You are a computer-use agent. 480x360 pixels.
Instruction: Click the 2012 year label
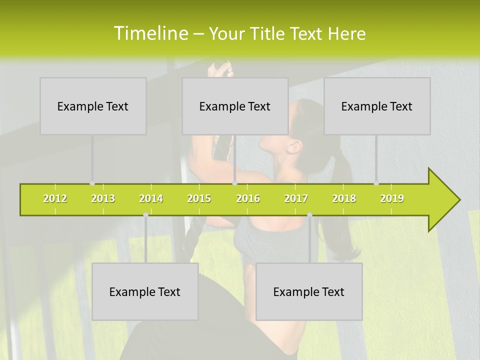tap(55, 198)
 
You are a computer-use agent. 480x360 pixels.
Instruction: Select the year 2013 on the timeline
tap(103, 198)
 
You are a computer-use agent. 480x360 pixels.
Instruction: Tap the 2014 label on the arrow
tap(151, 198)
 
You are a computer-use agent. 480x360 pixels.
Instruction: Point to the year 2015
tap(199, 198)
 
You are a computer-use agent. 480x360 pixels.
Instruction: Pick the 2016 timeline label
tap(248, 198)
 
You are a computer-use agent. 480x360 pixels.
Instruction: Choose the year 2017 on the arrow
tap(296, 198)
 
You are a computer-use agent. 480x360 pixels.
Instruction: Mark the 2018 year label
tap(344, 198)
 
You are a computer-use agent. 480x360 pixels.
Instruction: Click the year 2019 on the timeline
tap(392, 198)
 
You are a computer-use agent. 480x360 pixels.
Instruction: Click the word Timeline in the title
tap(150, 33)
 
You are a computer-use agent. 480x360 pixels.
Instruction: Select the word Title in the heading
tap(268, 34)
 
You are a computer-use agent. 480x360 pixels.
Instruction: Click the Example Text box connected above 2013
tap(93, 106)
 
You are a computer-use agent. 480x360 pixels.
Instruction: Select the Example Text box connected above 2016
tap(235, 106)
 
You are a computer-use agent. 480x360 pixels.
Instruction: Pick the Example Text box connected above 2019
tap(377, 106)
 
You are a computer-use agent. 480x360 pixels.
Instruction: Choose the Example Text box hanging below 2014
tap(145, 291)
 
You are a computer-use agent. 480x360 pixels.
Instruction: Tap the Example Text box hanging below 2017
tap(309, 291)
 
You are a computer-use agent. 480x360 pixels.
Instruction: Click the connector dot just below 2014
tap(145, 215)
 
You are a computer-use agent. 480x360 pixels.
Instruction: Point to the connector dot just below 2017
tap(309, 215)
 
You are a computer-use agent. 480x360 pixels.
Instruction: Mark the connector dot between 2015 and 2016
tap(234, 183)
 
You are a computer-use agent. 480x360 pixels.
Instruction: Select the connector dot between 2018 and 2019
tap(376, 183)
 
